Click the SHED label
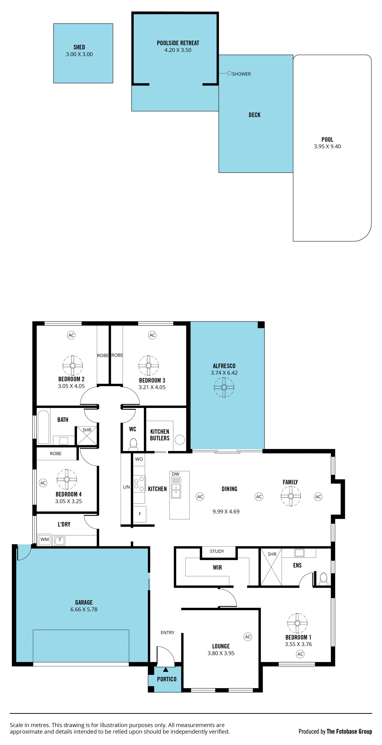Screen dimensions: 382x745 pyautogui.click(x=79, y=47)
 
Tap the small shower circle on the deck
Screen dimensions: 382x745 pyautogui.click(x=229, y=73)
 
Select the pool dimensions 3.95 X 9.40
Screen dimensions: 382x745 pyautogui.click(x=327, y=146)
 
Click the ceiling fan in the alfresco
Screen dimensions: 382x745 pyautogui.click(x=224, y=387)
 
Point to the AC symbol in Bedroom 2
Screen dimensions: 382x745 pyautogui.click(x=71, y=335)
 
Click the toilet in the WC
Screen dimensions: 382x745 pyautogui.click(x=133, y=444)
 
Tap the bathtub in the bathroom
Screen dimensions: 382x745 pyautogui.click(x=43, y=427)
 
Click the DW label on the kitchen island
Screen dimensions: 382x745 pyautogui.click(x=175, y=474)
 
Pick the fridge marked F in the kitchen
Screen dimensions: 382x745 pyautogui.click(x=140, y=514)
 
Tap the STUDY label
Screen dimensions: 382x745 pyautogui.click(x=217, y=551)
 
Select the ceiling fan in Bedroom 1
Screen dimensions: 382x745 pyautogui.click(x=297, y=623)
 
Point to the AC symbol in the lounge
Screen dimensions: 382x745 pyautogui.click(x=248, y=636)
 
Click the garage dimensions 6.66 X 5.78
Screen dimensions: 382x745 pyautogui.click(x=84, y=609)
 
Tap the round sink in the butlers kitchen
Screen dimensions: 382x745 pyautogui.click(x=180, y=440)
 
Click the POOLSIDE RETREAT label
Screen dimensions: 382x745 pyautogui.click(x=178, y=43)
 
